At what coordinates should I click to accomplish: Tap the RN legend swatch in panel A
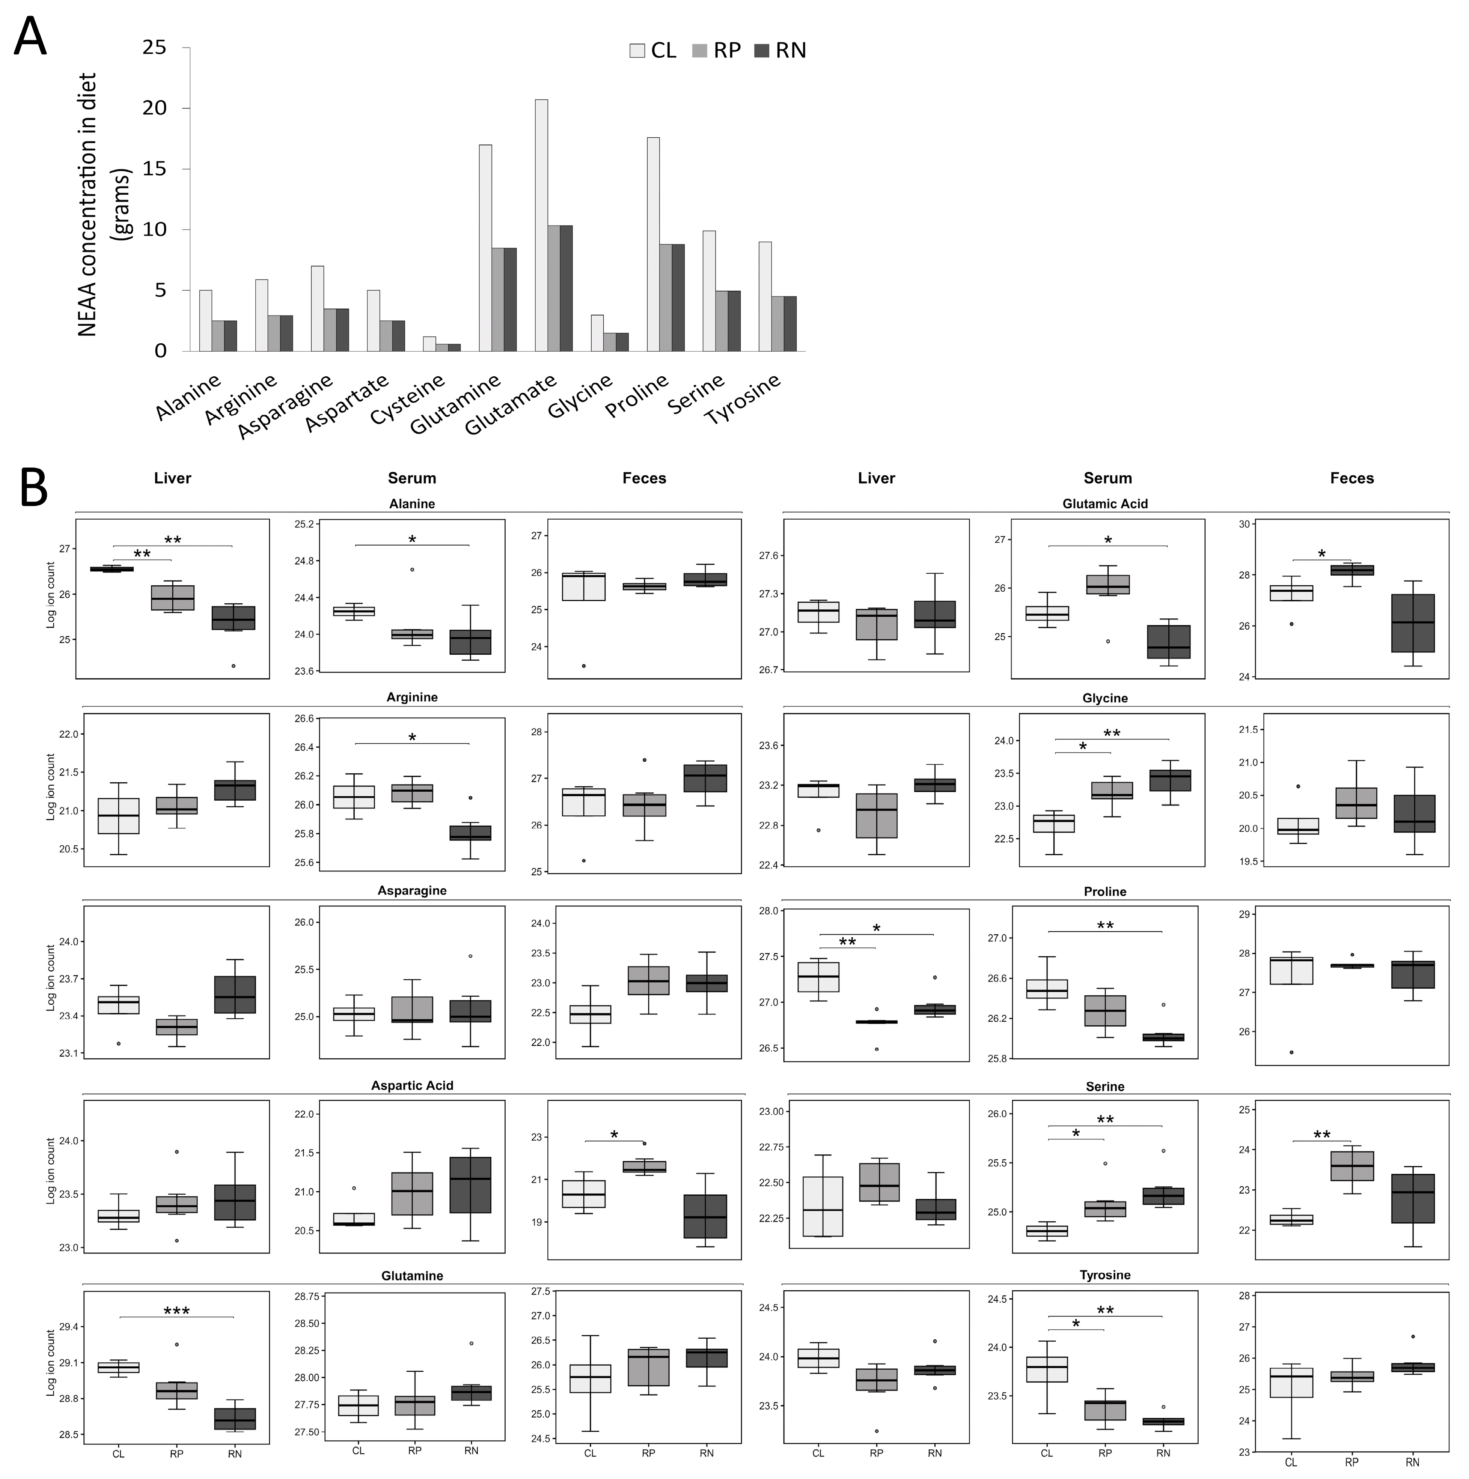[x=761, y=51]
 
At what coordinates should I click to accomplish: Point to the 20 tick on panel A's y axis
[x=155, y=108]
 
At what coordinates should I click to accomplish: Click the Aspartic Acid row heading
[x=412, y=1085]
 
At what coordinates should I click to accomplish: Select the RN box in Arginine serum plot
[x=470, y=833]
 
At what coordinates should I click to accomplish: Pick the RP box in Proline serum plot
[x=1105, y=1010]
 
